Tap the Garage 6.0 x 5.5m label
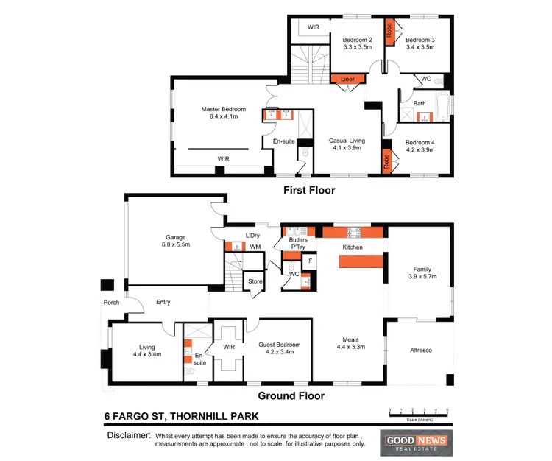tap(174, 242)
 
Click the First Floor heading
tap(309, 191)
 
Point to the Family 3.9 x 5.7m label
tap(420, 272)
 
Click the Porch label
tap(111, 301)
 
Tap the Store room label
tap(255, 281)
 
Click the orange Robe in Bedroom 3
tap(390, 32)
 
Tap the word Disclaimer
tap(128, 436)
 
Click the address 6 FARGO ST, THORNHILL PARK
tap(181, 417)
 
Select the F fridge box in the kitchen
tap(310, 260)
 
